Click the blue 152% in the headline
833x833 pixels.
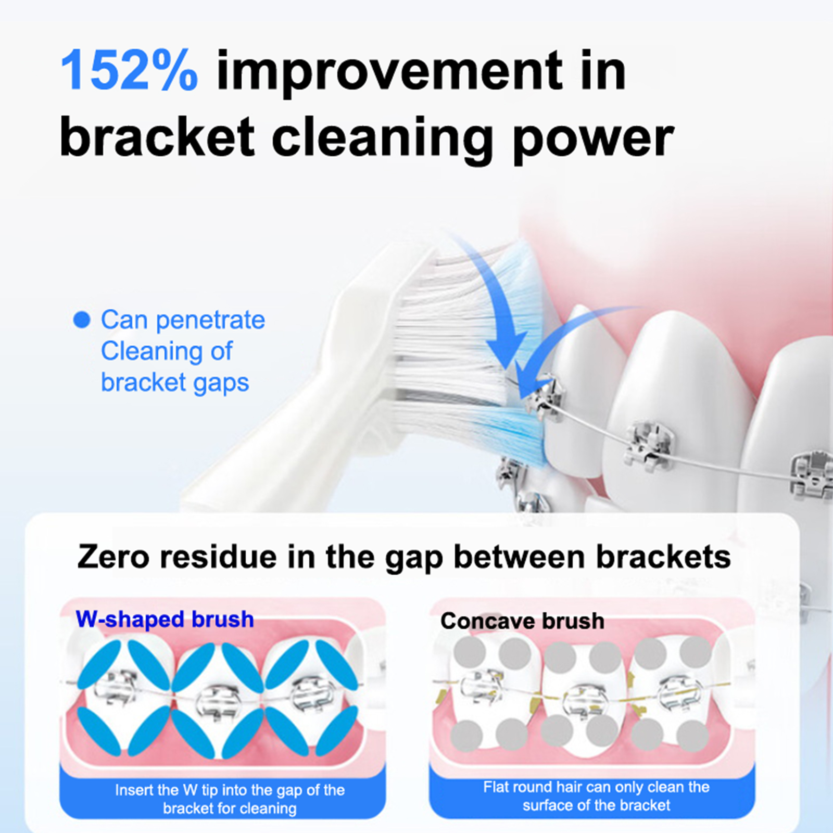pos(129,70)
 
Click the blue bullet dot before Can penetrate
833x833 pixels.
pos(82,320)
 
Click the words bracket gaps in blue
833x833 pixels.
pos(175,383)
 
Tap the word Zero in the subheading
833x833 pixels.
pos(115,557)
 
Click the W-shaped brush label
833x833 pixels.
pos(165,619)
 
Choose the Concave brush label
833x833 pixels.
pos(522,621)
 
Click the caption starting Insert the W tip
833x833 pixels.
pos(230,799)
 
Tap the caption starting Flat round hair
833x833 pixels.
pos(596,796)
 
